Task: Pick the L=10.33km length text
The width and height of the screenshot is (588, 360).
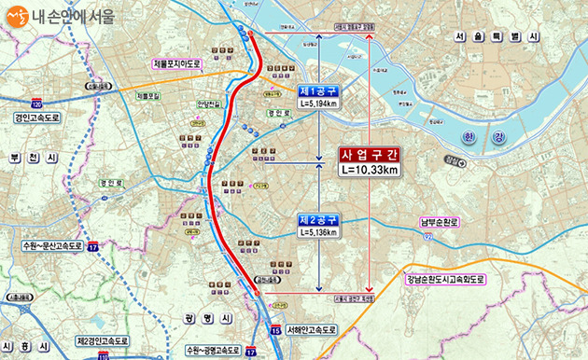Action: click(371, 170)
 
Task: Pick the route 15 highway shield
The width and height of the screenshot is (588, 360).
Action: click(274, 330)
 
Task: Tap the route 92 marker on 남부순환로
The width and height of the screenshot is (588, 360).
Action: click(427, 238)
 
